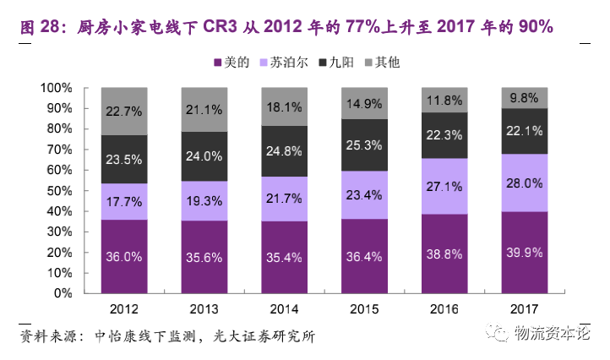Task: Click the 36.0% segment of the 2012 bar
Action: (124, 257)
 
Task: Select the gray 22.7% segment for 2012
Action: (124, 111)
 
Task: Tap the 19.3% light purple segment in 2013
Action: (204, 201)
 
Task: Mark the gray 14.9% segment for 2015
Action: (365, 103)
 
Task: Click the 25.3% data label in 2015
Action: (365, 145)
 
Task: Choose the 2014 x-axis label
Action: (285, 309)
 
